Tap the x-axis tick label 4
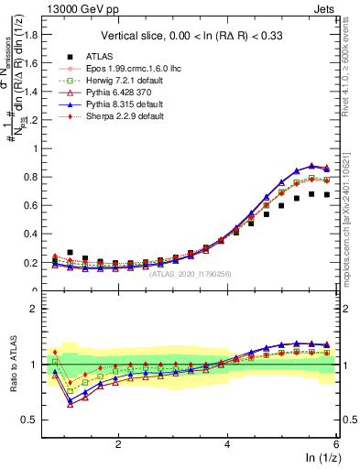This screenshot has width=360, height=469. pyautogui.click(x=227, y=442)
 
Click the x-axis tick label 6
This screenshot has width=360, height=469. pyautogui.click(x=336, y=442)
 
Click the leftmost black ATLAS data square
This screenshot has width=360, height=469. pyautogui.click(x=71, y=252)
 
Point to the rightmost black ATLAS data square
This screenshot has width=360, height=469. pyautogui.click(x=326, y=194)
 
